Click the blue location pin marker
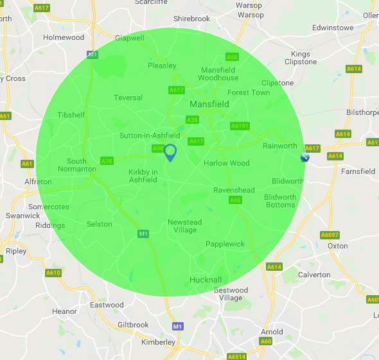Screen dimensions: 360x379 pos(170,153)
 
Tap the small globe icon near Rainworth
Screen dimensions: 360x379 pos(305,157)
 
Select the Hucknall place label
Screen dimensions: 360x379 pos(206,280)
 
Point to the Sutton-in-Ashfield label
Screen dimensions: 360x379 pos(150,135)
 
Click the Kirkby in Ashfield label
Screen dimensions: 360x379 pos(143,176)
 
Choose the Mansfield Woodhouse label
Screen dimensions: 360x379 pos(218,74)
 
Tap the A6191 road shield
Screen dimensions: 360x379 pos(239,126)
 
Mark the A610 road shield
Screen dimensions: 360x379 pos(53,273)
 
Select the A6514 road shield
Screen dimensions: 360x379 pos(236,356)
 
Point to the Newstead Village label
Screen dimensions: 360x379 pos(185,226)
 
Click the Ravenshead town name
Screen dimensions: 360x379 pos(234,190)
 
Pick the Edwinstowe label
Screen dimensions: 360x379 pos(333,28)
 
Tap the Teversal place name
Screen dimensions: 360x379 pos(128,98)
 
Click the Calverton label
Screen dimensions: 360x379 pos(314,275)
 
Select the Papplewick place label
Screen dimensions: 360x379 pos(225,244)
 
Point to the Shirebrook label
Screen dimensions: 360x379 pos(191,19)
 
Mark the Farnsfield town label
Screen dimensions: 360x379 pos(358,171)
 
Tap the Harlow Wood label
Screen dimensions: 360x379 pos(226,163)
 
